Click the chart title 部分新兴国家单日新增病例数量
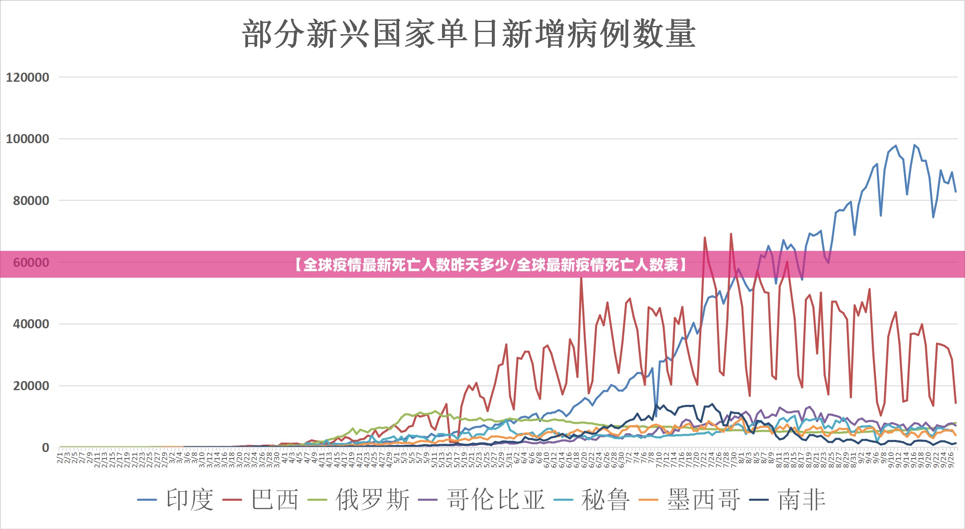click(x=468, y=34)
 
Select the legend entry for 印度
click(x=190, y=500)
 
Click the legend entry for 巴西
click(x=275, y=500)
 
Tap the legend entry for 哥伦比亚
click(x=495, y=500)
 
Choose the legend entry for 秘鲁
click(x=605, y=500)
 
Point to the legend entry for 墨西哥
click(x=704, y=500)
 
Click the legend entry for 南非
click(x=802, y=500)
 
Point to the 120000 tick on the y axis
click(x=27, y=77)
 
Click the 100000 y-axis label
click(x=27, y=139)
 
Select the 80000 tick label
click(x=31, y=201)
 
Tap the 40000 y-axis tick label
click(x=31, y=324)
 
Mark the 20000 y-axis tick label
click(x=31, y=386)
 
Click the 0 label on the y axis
click(x=45, y=448)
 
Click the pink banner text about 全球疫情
click(x=491, y=264)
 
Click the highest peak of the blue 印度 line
click(x=914, y=145)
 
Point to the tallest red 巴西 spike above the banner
click(x=731, y=234)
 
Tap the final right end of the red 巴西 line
click(x=955, y=403)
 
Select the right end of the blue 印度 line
click(x=955, y=192)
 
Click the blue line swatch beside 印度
click(x=147, y=500)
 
